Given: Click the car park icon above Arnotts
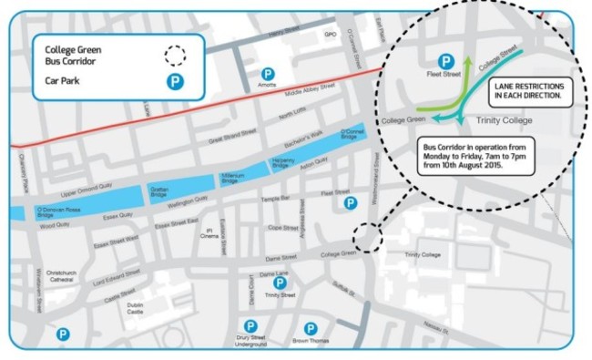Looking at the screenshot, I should pyautogui.click(x=268, y=73).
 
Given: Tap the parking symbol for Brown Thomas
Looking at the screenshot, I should pyautogui.click(x=311, y=328).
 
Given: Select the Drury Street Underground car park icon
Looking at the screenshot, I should pyautogui.click(x=250, y=326).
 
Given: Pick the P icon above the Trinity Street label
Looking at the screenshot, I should pyautogui.click(x=280, y=283).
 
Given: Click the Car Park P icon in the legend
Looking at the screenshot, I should pyautogui.click(x=173, y=80).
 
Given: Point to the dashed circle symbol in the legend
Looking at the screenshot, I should pyautogui.click(x=173, y=55).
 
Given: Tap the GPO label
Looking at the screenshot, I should pyautogui.click(x=331, y=36).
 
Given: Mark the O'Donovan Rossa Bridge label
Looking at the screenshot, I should pyautogui.click(x=60, y=212).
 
